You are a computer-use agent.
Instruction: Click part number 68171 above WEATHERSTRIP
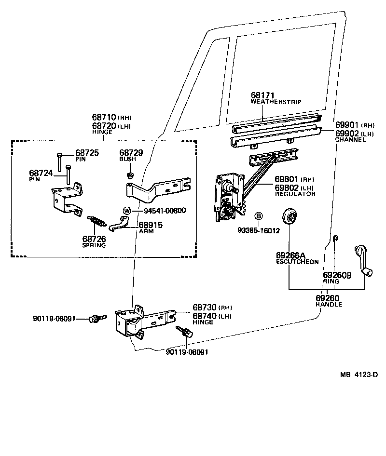pyautogui.click(x=262, y=95)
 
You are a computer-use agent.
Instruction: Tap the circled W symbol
pyautogui.click(x=127, y=211)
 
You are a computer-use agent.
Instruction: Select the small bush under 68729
pyautogui.click(x=129, y=174)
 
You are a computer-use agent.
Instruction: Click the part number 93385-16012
pyautogui.click(x=259, y=230)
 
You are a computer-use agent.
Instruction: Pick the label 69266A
pyautogui.click(x=290, y=255)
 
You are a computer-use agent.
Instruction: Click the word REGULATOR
pyautogui.click(x=295, y=194)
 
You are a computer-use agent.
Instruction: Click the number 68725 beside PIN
pyautogui.click(x=87, y=153)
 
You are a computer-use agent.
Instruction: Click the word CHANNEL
pyautogui.click(x=350, y=140)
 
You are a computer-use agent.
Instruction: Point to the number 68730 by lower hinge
pyautogui.click(x=205, y=308)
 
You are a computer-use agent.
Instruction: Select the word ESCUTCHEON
pyautogui.click(x=297, y=262)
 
